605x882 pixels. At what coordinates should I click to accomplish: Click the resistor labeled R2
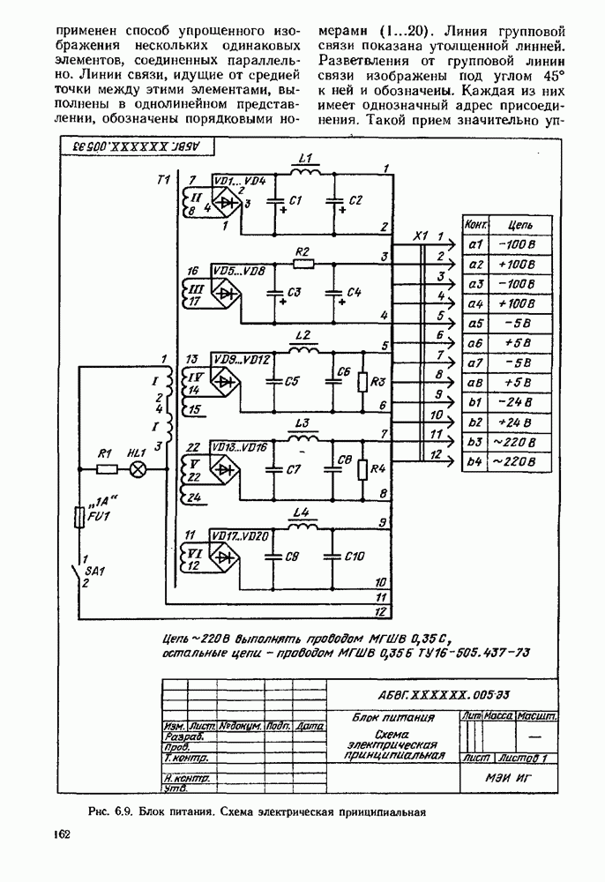tap(304, 263)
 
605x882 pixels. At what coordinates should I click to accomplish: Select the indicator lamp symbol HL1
tap(137, 469)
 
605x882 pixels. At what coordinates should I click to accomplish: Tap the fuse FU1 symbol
tap(82, 517)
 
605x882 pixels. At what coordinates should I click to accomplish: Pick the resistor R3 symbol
tap(362, 382)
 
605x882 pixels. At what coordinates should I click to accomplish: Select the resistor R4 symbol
tap(362, 468)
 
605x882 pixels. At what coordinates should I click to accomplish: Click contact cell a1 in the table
tap(474, 244)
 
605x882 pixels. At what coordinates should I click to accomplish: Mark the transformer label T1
tap(162, 180)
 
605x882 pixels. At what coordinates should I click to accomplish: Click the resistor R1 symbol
tap(104, 469)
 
